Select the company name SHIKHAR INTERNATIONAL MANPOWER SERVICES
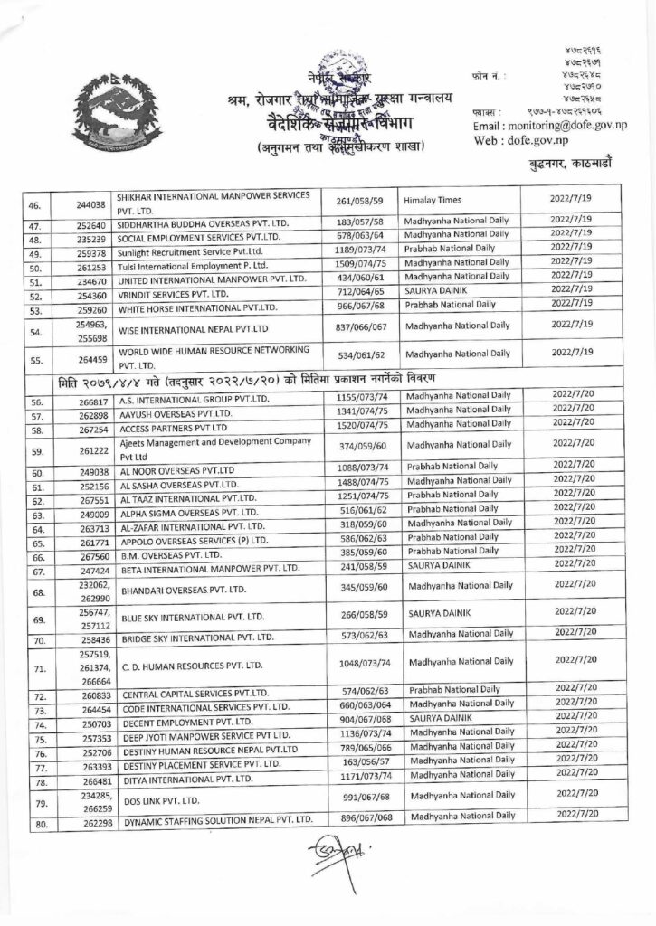(214, 195)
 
